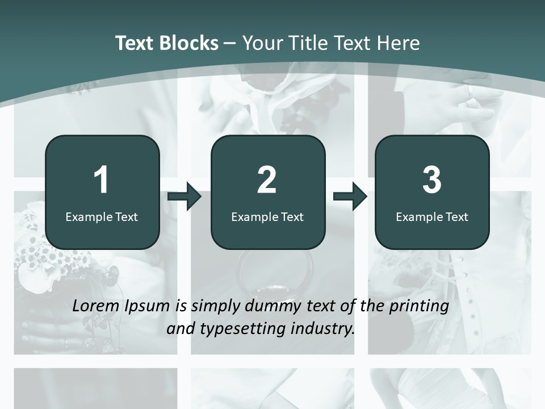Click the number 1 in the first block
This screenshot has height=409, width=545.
[101, 180]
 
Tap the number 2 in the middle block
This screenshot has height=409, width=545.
[267, 180]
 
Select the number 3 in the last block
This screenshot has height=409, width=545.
[432, 180]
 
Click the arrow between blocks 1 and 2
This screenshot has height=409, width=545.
[185, 197]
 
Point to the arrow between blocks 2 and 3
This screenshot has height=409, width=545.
[350, 197]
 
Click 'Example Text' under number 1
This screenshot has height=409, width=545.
[102, 216]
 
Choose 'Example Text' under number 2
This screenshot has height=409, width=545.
[267, 216]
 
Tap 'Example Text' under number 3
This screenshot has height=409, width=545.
[432, 216]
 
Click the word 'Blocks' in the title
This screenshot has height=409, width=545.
[188, 43]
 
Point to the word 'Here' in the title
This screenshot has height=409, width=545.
[398, 43]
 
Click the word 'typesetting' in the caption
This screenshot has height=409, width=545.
[239, 328]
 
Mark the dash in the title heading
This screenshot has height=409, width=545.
[230, 44]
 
